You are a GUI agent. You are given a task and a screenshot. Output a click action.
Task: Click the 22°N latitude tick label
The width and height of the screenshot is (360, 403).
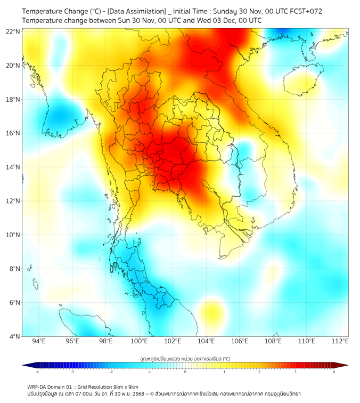coord(13,31)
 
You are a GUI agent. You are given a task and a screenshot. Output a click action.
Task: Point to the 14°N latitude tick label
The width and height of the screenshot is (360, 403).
coord(13,167)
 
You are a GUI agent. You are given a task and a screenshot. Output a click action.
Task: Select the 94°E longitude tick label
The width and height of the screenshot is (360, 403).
coord(38,341)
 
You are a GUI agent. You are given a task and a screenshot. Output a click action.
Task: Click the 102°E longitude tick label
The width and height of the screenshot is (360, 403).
coord(173,341)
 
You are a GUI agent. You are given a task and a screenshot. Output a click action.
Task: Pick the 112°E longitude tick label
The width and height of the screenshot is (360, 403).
coord(341,341)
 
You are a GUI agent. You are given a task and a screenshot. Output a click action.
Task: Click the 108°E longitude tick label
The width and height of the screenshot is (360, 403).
coord(274,341)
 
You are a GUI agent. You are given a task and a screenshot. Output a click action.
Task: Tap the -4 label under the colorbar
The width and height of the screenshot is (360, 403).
coord(37,372)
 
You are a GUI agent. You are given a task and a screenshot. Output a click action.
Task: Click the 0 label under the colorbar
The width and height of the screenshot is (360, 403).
coord(185,372)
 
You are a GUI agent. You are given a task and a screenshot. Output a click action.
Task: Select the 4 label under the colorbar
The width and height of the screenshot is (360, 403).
coord(333,372)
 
